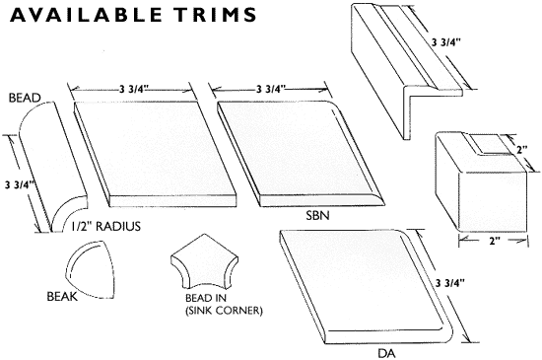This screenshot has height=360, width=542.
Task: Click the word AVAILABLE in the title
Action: (x=86, y=15)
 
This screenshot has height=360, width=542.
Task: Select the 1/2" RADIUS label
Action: (x=105, y=226)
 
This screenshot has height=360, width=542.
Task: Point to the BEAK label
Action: (x=62, y=296)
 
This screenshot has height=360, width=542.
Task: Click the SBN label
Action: (x=317, y=216)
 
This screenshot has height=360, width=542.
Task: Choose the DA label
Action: (x=386, y=353)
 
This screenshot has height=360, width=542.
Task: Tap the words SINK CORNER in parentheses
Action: (x=224, y=311)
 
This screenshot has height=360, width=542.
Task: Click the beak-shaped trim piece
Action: (x=91, y=269)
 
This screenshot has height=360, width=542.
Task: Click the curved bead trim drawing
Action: (x=52, y=167)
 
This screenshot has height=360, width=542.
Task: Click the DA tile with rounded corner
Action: (x=366, y=286)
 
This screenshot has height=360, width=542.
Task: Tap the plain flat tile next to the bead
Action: (x=155, y=154)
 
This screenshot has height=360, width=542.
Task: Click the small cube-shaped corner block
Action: (x=482, y=181)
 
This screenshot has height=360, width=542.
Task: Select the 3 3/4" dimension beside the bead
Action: (x=18, y=185)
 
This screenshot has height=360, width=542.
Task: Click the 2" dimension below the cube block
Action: (x=495, y=241)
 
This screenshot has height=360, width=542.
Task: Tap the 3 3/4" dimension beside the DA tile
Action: (x=449, y=283)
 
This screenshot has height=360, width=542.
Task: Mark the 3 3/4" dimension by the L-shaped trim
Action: (x=446, y=42)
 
